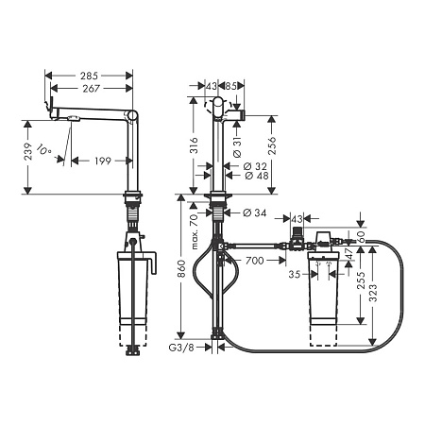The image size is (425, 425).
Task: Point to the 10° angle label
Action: coord(43,151)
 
